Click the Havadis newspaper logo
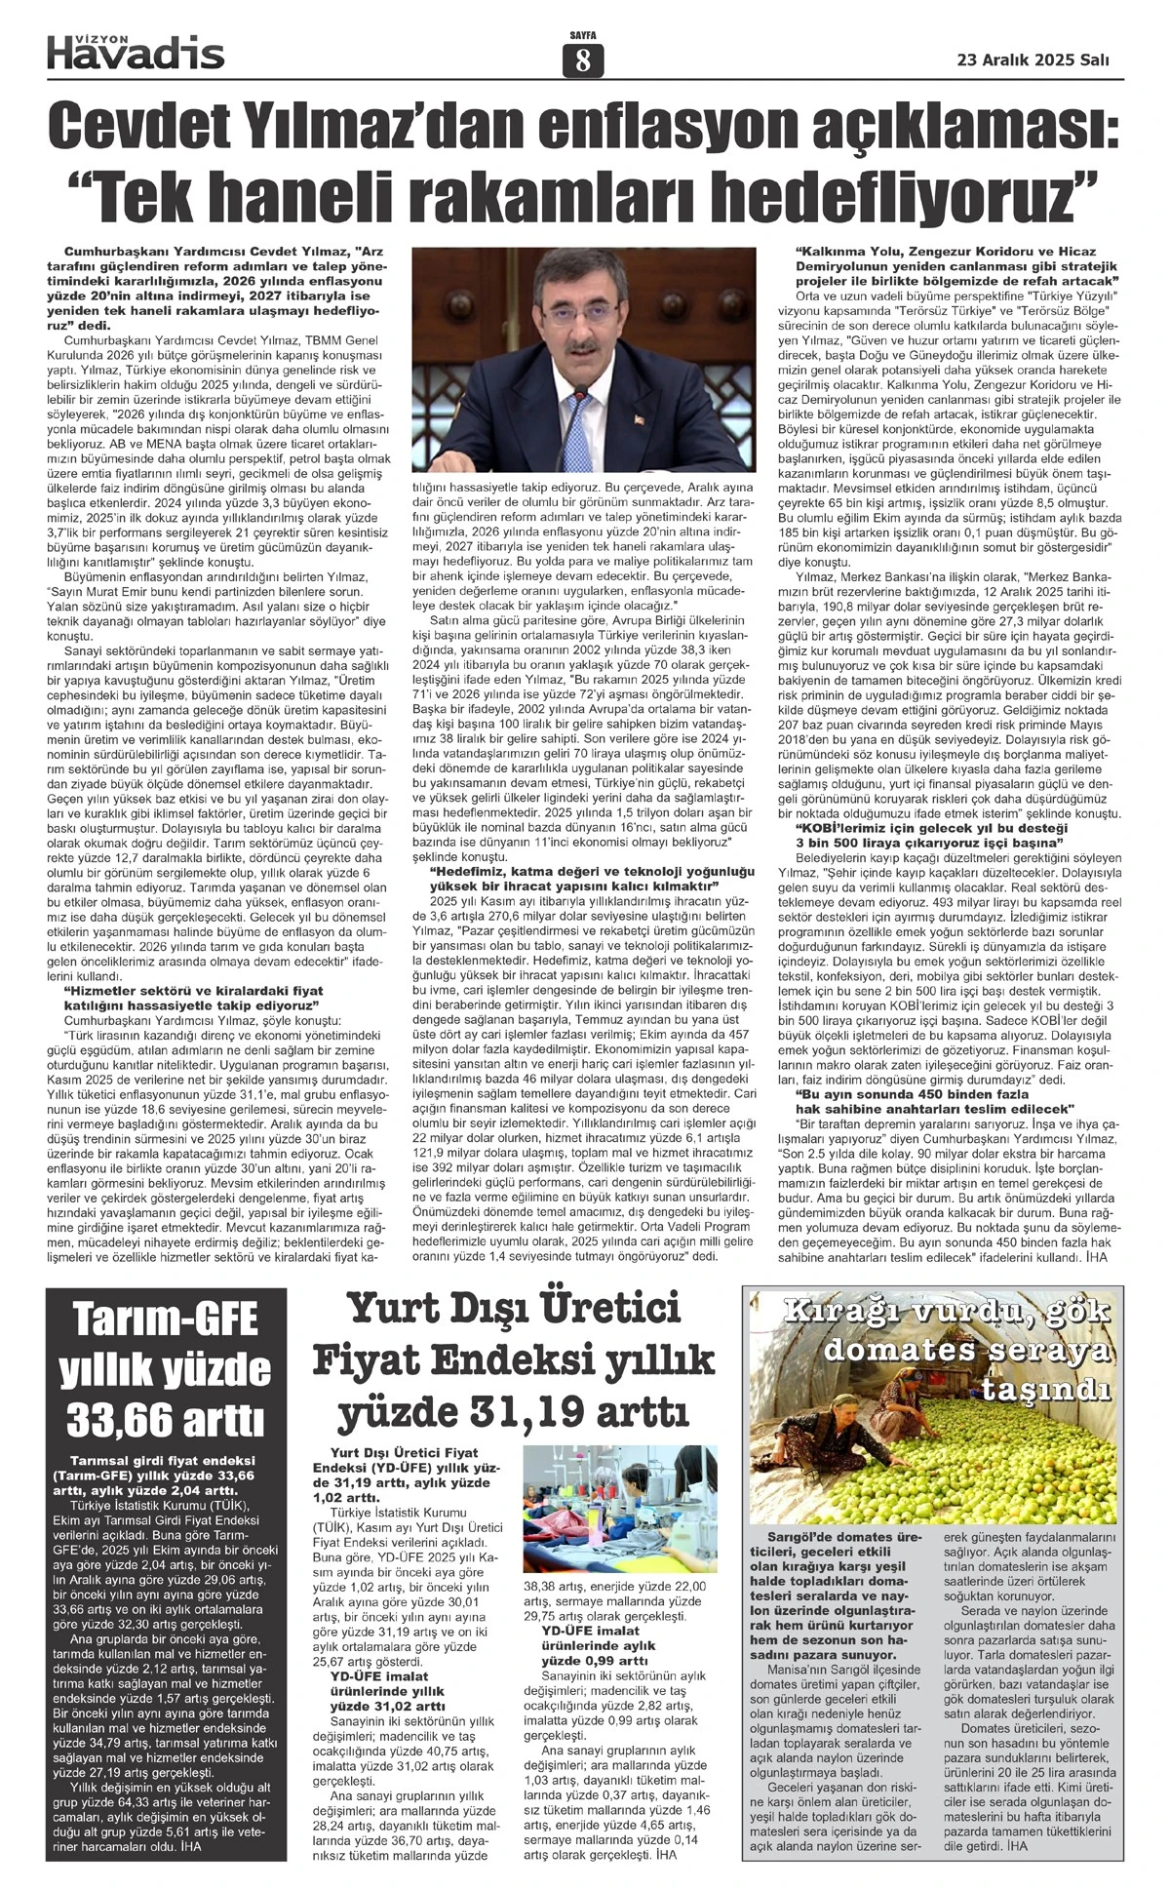(x=136, y=51)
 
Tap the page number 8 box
(x=583, y=60)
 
